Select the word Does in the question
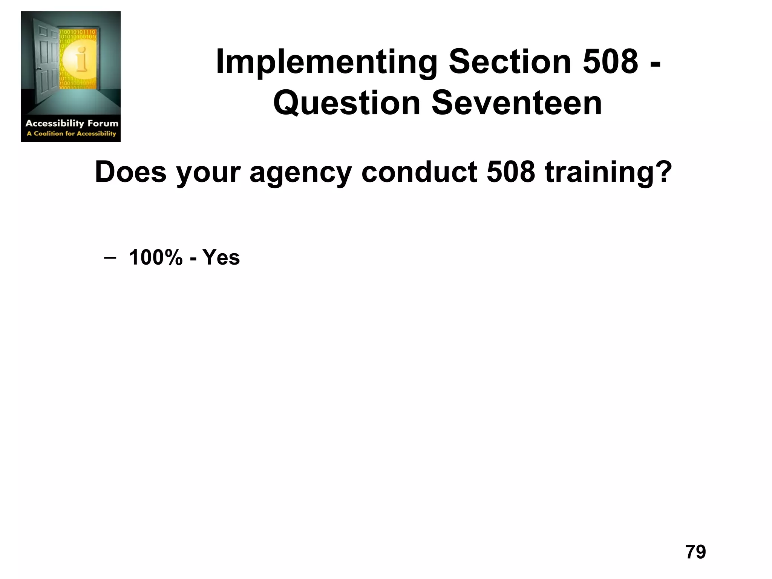point(130,172)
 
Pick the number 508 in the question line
point(511,172)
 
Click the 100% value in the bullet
point(156,258)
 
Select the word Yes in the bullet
point(221,258)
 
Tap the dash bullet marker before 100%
point(109,258)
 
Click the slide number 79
point(695,552)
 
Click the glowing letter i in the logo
point(81,59)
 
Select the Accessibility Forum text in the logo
point(72,123)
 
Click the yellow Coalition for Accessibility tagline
point(72,133)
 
